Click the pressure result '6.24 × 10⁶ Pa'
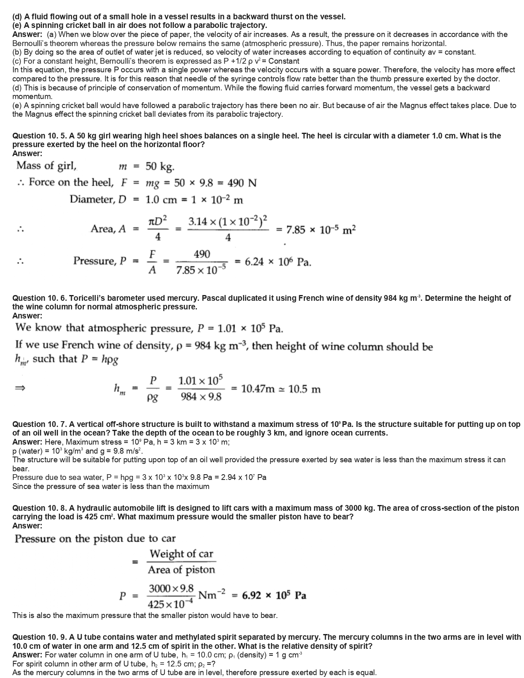pyautogui.click(x=278, y=262)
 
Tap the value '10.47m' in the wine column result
pyautogui.click(x=258, y=389)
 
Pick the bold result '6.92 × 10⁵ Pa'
pyautogui.click(x=274, y=595)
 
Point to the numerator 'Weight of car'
pyautogui.click(x=181, y=554)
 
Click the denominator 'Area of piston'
pyautogui.click(x=181, y=570)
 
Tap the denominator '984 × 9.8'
pyautogui.click(x=201, y=397)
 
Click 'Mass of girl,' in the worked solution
pyautogui.click(x=46, y=166)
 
